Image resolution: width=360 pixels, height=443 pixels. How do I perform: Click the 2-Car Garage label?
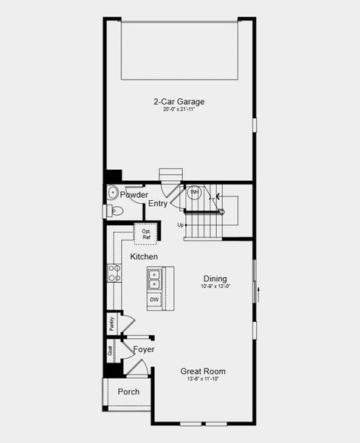pos(179,101)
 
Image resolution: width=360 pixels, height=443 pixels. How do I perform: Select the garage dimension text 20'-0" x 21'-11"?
pos(179,109)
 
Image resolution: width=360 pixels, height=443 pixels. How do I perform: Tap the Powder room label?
pos(134,195)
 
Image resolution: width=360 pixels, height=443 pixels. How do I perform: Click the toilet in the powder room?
pos(114,211)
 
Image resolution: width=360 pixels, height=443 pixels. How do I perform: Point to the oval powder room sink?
pos(112,193)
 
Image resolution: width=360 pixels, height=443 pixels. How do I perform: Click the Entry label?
pos(158,203)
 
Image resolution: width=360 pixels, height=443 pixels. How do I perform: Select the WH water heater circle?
pos(194,193)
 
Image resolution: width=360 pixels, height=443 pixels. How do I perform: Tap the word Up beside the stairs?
pos(180,224)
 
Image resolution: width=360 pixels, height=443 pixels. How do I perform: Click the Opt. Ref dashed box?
pos(145,234)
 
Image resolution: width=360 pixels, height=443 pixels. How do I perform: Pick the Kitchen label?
pos(144,256)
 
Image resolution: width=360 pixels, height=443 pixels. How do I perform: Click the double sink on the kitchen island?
pos(155,280)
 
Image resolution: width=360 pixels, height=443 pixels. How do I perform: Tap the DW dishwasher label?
pos(154,300)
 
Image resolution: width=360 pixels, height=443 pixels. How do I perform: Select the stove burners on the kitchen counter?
pos(114,273)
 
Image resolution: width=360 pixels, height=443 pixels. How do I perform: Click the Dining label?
pos(215,278)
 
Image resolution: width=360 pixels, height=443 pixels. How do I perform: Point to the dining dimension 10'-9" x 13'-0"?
pos(215,286)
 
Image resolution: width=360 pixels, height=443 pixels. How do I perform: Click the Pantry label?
pos(111,322)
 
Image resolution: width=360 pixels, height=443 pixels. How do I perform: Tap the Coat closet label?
pos(110,351)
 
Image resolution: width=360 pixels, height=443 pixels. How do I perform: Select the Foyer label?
pos(144,348)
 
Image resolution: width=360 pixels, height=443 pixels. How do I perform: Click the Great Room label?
pos(203,371)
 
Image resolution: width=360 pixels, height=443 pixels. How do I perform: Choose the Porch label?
pos(128,391)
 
